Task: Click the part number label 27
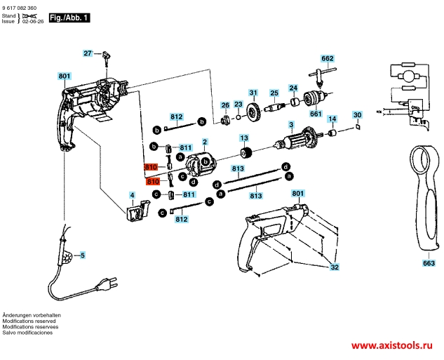point(88,53)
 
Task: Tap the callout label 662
point(328,59)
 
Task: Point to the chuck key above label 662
point(324,72)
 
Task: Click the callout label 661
point(316,114)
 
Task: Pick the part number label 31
point(253,92)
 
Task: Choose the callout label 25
point(275,93)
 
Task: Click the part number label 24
point(294,88)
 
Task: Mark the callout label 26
point(225,105)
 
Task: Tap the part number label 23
point(238,105)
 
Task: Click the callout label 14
point(332,119)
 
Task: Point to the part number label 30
point(356,114)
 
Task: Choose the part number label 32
point(335,267)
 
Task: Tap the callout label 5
point(82,256)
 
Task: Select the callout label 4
point(132,194)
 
